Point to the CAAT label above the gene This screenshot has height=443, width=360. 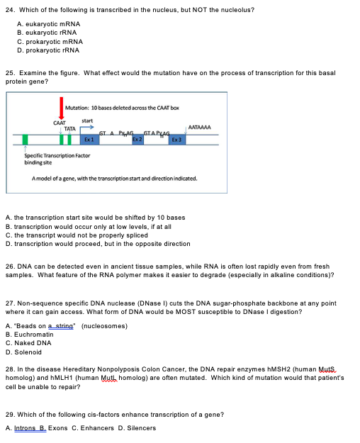click(x=60, y=123)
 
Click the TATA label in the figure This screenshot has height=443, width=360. click(x=69, y=128)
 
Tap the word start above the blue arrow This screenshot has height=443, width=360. click(x=87, y=120)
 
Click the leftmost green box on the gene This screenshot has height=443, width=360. click(x=26, y=140)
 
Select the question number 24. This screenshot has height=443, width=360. click(x=9, y=10)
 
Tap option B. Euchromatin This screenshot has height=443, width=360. click(x=29, y=335)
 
